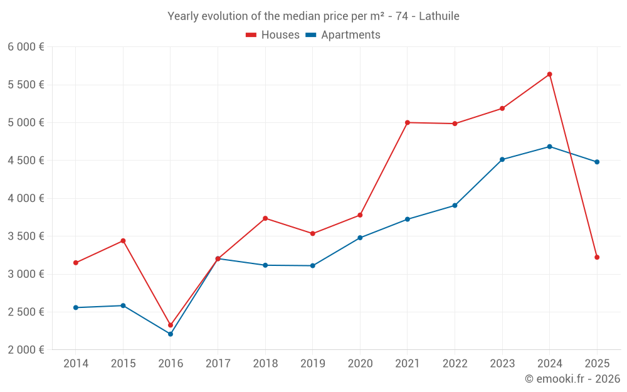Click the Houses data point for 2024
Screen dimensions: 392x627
coord(549,74)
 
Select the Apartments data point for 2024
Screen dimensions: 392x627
coord(549,147)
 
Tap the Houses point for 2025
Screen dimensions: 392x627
coord(597,257)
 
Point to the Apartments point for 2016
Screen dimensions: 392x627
coord(171,334)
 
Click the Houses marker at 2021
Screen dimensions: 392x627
coord(408,122)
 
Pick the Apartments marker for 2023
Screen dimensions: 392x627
coord(502,159)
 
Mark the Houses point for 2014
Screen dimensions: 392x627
coord(76,263)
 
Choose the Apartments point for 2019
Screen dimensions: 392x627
coord(313,265)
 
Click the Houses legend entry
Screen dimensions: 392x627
coord(273,35)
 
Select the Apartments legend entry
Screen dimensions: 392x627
coord(343,35)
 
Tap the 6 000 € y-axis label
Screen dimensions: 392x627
coord(26,47)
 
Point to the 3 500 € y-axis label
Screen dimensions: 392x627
coord(26,236)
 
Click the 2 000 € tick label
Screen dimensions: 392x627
coord(26,350)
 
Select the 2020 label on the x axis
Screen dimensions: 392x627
coord(360,364)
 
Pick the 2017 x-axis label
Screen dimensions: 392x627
coord(218,364)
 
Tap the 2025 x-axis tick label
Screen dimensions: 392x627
coord(597,364)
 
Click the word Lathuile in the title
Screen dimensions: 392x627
coord(439,16)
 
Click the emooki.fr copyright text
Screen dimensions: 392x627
coord(572,379)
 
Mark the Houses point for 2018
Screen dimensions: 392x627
coord(265,218)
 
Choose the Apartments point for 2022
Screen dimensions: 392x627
coord(455,205)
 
